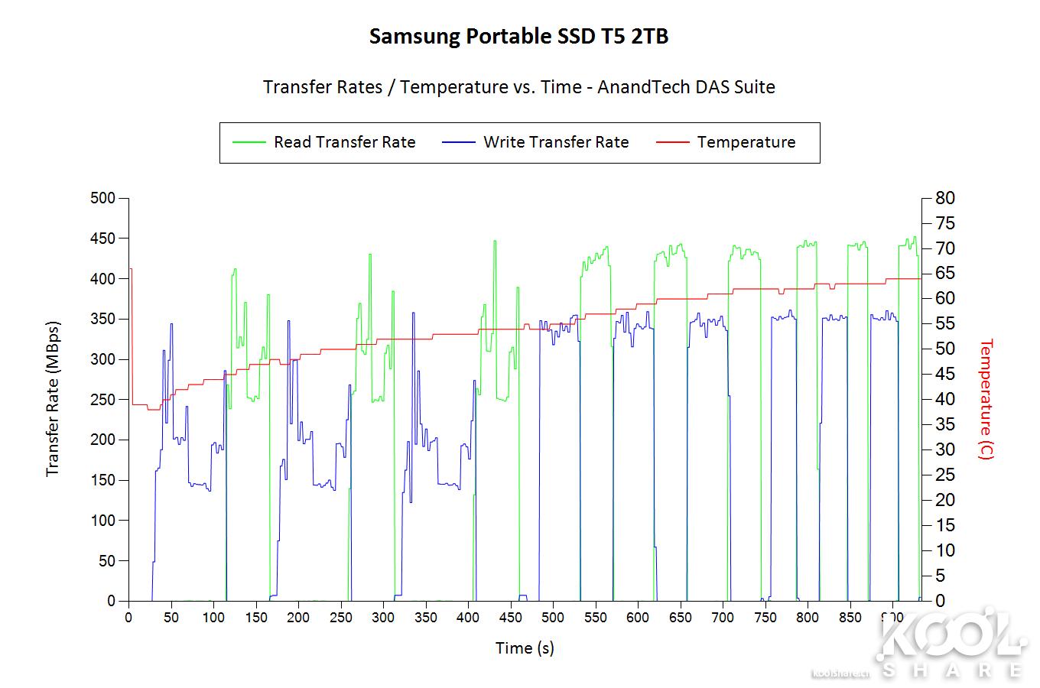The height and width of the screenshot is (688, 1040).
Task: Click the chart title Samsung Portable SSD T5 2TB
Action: pos(518,37)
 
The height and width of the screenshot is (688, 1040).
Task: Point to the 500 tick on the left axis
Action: pos(102,199)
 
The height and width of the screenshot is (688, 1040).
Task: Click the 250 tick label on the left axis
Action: pos(102,400)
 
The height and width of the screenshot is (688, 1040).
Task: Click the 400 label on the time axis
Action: pos(468,618)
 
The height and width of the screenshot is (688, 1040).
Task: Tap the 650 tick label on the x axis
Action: pos(680,618)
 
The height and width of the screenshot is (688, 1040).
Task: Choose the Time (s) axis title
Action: pos(525,648)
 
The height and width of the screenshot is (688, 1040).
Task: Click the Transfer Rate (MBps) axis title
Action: pos(53,398)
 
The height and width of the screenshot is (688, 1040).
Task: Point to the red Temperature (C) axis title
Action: pos(986,398)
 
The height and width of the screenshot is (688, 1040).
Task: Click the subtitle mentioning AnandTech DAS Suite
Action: pos(518,87)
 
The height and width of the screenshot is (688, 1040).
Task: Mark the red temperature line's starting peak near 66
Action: pos(130,269)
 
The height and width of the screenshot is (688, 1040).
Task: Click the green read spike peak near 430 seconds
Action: pos(495,242)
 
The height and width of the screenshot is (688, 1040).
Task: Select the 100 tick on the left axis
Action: pos(102,521)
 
